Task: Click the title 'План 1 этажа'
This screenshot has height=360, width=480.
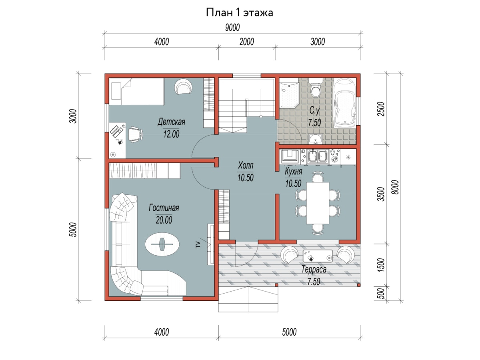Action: [240, 13]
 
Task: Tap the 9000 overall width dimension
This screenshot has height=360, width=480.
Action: [232, 28]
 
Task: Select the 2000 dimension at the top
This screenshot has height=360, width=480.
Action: [247, 42]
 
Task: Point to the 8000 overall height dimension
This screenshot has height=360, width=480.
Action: [395, 187]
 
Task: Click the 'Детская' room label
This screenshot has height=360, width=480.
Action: [172, 122]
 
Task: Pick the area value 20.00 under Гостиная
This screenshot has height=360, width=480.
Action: [164, 220]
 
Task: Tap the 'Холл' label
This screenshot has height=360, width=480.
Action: [246, 166]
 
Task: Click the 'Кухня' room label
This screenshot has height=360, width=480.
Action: [294, 172]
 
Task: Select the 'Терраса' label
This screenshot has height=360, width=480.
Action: [314, 270]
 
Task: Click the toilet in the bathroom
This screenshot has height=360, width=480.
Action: [316, 88]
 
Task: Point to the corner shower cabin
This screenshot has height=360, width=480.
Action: [289, 95]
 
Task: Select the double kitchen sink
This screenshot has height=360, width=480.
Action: [318, 157]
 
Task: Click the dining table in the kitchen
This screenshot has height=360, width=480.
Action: [318, 203]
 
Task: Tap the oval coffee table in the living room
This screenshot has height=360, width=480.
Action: [162, 244]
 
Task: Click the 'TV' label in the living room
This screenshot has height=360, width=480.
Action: [198, 245]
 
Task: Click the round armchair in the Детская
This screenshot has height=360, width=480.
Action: [184, 86]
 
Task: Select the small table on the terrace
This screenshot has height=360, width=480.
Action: [318, 256]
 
